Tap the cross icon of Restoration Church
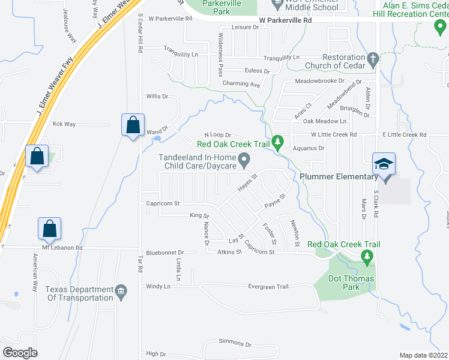372,59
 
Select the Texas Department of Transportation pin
121,290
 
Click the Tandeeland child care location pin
244,159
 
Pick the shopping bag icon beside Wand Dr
132,125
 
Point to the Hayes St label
247,182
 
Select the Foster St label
269,233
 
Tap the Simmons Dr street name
235,344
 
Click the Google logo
20,353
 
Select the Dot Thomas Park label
351,283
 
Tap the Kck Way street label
64,124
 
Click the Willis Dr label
157,96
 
